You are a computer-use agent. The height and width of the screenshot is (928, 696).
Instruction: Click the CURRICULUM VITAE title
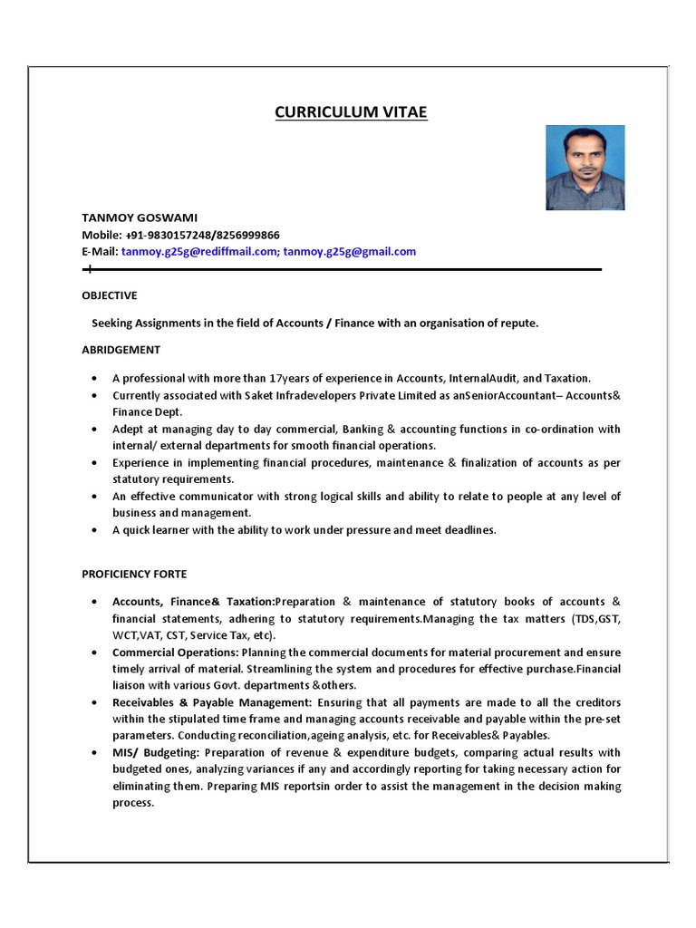(350, 112)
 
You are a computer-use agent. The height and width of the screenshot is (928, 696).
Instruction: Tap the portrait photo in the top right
(585, 168)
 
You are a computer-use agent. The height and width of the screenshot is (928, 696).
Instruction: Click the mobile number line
(180, 235)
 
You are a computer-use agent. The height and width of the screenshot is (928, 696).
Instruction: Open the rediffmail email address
(198, 252)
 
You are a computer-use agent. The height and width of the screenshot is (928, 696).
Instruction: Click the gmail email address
(350, 252)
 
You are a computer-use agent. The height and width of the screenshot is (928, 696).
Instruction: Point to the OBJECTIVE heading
(110, 295)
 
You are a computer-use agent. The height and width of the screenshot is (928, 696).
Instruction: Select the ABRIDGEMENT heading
(121, 350)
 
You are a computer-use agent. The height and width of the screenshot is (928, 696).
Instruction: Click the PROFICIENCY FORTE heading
(134, 574)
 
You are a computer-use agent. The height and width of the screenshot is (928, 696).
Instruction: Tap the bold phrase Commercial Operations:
(175, 652)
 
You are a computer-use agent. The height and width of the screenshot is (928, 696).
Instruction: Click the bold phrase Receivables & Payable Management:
(212, 702)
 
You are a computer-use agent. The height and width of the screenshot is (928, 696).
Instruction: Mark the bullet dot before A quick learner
(95, 531)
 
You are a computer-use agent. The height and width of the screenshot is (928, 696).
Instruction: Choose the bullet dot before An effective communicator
(95, 498)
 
